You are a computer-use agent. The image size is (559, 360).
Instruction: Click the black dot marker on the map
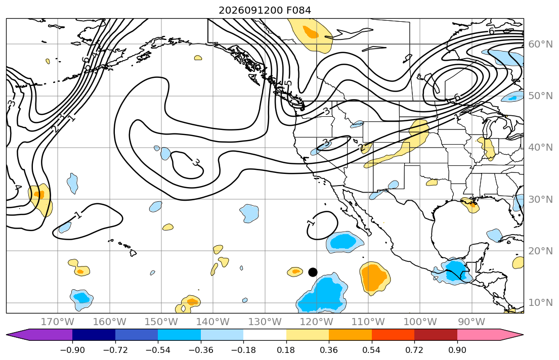313,273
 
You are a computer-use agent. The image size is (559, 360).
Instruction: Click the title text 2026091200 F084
265,10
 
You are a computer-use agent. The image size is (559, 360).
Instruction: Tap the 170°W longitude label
58,322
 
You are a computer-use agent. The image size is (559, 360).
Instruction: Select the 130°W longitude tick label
265,322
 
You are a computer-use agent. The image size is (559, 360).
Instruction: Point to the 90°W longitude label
471,322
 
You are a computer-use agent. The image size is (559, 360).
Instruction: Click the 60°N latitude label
540,44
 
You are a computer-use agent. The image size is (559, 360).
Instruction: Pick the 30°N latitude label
540,199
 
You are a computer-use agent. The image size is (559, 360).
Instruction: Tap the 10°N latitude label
540,303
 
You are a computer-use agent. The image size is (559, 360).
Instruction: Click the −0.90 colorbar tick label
72,350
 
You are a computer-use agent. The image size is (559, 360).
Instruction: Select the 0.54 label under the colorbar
371,350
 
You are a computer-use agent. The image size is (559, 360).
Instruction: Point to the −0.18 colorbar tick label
243,350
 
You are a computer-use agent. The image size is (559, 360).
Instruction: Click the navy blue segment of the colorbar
94,335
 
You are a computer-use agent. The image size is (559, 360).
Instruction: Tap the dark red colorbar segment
436,335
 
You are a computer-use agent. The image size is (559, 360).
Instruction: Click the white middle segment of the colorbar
265,335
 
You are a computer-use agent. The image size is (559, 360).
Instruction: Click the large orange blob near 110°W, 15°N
374,277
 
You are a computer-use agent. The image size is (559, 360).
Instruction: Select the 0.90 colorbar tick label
457,350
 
